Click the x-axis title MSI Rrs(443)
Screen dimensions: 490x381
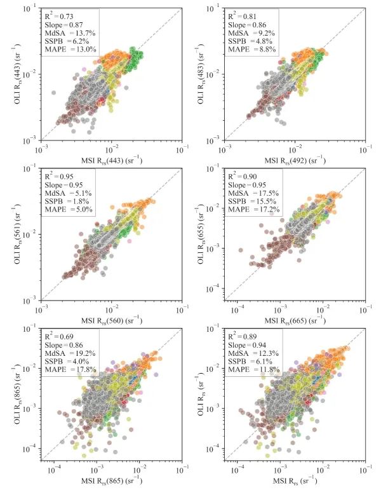112,160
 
